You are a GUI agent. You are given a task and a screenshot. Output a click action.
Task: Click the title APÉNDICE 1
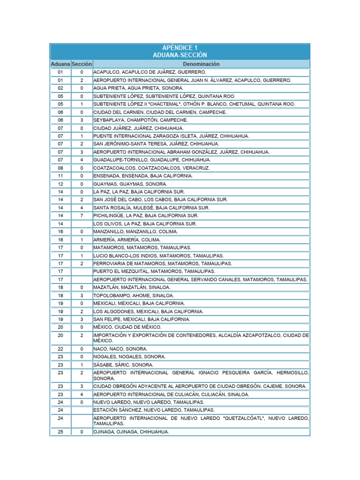pos(180,48)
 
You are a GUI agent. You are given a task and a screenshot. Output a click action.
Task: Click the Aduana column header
pos(60,64)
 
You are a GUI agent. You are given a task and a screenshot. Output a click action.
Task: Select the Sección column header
pos(82,64)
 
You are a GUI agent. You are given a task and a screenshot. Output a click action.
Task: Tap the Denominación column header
pos(202,64)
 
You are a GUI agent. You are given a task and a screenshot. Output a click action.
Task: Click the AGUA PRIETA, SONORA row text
pos(138,88)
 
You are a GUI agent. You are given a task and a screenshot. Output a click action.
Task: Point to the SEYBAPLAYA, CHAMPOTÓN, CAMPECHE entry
pos(140,120)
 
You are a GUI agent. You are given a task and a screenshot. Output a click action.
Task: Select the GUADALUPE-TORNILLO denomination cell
pos(145,160)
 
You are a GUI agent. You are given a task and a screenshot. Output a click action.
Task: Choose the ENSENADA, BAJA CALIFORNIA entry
pos(142,176)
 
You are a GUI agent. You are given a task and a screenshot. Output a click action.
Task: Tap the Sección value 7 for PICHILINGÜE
pos(82,216)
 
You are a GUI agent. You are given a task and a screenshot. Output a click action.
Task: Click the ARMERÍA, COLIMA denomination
pos(127,240)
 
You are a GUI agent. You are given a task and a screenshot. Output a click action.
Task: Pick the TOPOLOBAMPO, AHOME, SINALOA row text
pos(134,295)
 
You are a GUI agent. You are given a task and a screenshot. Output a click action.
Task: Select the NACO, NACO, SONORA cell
pos(120,349)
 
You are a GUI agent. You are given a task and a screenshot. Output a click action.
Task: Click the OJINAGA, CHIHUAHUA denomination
pos(131,432)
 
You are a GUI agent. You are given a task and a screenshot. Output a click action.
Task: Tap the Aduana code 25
pos(60,432)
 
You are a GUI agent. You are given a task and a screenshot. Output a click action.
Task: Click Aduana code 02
pos(60,88)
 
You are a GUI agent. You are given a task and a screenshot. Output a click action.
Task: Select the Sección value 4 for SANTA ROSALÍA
pos(82,208)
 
